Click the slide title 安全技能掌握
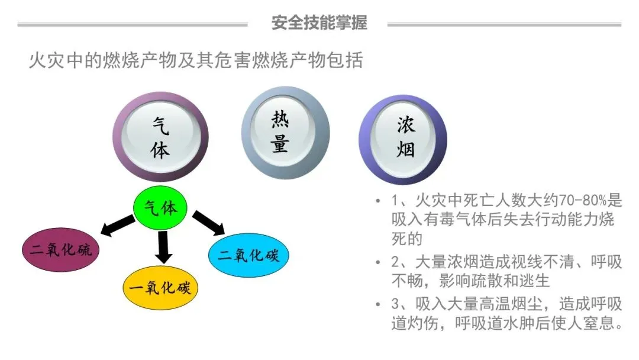point(319,23)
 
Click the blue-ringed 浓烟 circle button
point(403,138)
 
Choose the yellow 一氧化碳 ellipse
point(160,288)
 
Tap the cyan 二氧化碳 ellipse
point(248,255)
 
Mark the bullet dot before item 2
point(378,262)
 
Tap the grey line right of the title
point(504,24)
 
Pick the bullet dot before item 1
point(378,201)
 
